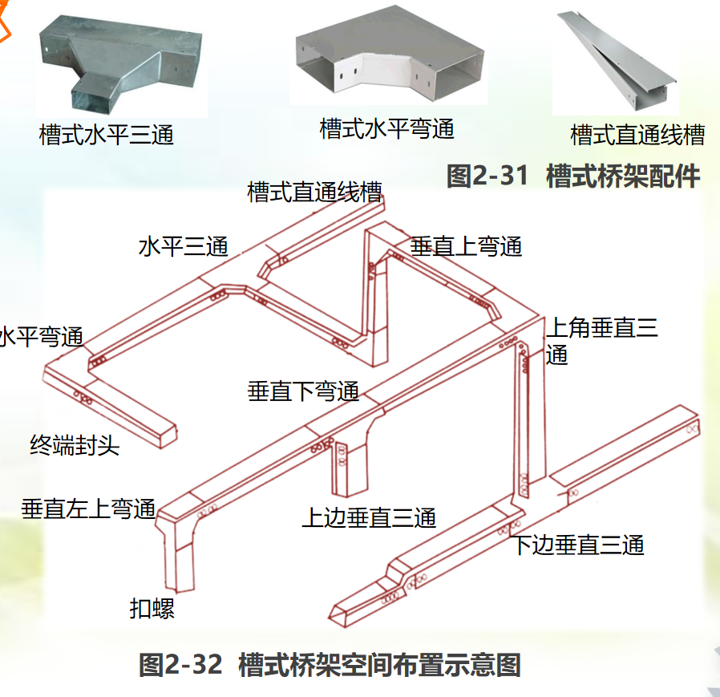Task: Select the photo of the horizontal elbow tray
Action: tap(390, 56)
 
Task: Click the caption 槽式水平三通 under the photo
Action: tap(107, 134)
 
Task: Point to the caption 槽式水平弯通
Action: tap(386, 128)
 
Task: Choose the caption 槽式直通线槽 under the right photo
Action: tap(637, 135)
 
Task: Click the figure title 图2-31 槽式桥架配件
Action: tap(573, 176)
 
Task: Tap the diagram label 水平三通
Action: tap(184, 246)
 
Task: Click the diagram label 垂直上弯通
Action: tap(466, 246)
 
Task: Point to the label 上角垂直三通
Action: tap(601, 340)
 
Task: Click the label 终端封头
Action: tap(75, 445)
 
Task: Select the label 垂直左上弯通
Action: tap(88, 509)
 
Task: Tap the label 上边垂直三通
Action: tap(369, 518)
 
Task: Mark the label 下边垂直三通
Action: tap(578, 546)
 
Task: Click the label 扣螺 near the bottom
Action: tap(152, 608)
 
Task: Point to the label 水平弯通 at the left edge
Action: tap(40, 336)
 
